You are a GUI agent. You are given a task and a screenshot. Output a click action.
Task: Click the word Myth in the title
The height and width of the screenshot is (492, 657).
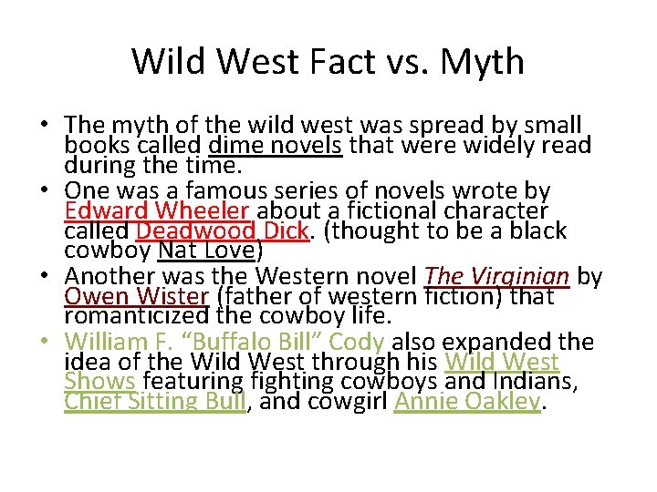coord(483,61)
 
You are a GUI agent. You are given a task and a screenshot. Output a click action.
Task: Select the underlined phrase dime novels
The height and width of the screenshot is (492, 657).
coord(275,145)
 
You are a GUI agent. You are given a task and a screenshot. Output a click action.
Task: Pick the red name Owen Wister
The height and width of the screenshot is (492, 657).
coord(137,296)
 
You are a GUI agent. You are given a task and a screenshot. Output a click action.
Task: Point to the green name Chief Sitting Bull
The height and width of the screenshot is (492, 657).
coord(155,401)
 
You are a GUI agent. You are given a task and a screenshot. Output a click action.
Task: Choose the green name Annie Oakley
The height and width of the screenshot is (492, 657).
coord(466,401)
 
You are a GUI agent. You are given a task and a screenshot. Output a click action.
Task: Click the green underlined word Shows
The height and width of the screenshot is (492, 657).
coord(99,381)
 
